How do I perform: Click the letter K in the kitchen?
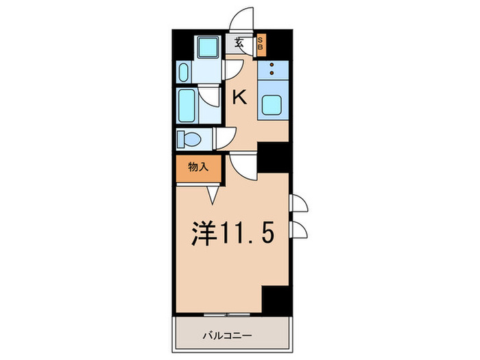(239, 98)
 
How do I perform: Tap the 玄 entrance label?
(239, 43)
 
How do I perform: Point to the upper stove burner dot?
(272, 64)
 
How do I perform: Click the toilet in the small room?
(189, 140)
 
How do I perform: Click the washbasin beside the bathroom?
(184, 71)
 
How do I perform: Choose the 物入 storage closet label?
(197, 167)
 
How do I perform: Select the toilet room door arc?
(224, 137)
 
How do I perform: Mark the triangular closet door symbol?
(213, 195)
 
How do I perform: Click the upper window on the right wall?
(298, 203)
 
